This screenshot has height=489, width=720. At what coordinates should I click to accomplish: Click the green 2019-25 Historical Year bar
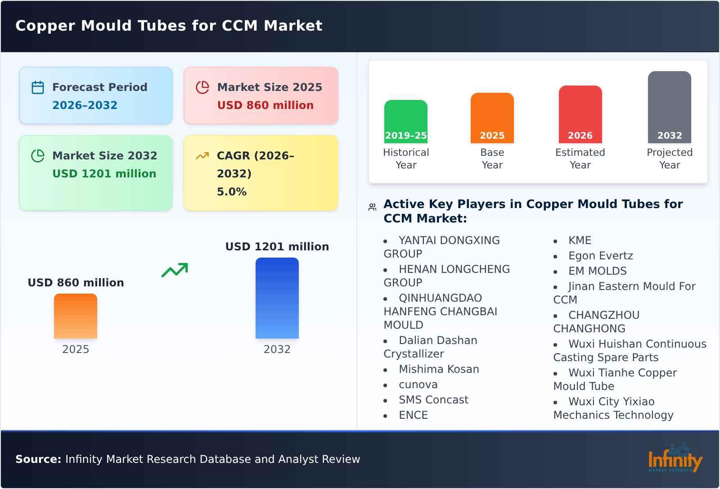tap(405, 121)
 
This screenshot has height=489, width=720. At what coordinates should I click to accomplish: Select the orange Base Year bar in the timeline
tap(492, 118)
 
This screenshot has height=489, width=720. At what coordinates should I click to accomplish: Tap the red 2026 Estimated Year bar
tap(580, 114)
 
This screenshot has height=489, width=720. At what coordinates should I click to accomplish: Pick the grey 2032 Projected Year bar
tap(669, 107)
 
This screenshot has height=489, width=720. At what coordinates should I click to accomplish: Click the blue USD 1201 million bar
tap(277, 298)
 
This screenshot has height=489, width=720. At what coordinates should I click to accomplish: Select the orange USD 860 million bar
tap(76, 316)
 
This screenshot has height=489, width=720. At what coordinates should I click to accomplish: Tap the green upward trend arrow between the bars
tap(175, 270)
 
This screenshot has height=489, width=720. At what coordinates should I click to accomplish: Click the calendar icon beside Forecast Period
tap(38, 87)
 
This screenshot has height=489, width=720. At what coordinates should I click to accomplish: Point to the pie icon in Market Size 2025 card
tap(202, 87)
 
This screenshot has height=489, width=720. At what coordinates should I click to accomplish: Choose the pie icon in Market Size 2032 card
tap(38, 156)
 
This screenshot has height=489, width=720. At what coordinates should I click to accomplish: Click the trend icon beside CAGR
tap(202, 156)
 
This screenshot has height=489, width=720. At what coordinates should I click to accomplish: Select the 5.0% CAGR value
tap(231, 192)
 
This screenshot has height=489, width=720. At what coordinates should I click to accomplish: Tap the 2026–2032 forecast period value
tap(85, 105)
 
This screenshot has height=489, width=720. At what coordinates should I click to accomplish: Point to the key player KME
tap(580, 240)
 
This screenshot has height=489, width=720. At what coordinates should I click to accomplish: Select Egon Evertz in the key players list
tap(600, 256)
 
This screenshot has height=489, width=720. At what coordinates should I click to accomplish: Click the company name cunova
tap(418, 385)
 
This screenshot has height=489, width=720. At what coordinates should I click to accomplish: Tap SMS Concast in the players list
tap(433, 400)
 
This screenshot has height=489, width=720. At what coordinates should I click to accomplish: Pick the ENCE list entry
tap(413, 415)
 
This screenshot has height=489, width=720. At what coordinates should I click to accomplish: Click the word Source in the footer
tap(38, 459)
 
